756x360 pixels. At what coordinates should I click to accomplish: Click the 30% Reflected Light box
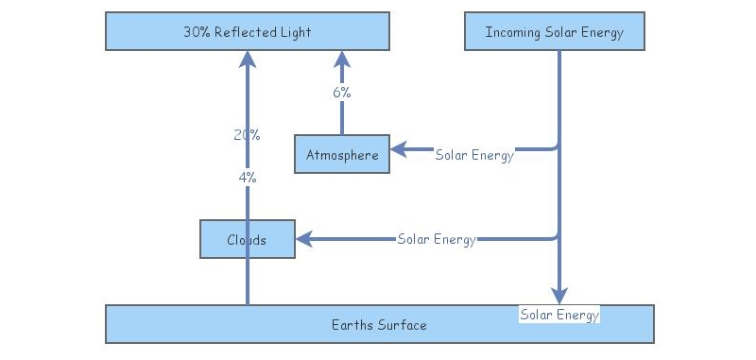[247, 31]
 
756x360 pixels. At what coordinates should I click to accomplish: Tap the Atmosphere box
[342, 154]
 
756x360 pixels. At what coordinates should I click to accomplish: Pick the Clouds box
[248, 239]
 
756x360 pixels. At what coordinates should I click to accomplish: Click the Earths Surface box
[379, 324]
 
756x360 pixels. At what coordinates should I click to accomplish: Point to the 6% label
[342, 93]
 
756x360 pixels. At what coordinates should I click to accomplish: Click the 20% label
[247, 135]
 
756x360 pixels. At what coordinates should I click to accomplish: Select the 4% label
[247, 177]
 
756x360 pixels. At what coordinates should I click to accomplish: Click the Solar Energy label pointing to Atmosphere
[474, 155]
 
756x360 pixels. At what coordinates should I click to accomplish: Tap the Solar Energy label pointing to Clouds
[437, 239]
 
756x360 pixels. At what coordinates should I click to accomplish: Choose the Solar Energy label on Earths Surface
[559, 314]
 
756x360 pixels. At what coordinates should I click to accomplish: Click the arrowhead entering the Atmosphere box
[399, 148]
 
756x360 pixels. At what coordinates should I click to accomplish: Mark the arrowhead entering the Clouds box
[304, 239]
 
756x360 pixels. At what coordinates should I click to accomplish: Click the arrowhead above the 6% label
[342, 60]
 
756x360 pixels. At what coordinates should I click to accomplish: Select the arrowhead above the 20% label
[248, 60]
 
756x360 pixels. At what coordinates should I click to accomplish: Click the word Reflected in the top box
[247, 32]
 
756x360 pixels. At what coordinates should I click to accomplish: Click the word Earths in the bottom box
[352, 325]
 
